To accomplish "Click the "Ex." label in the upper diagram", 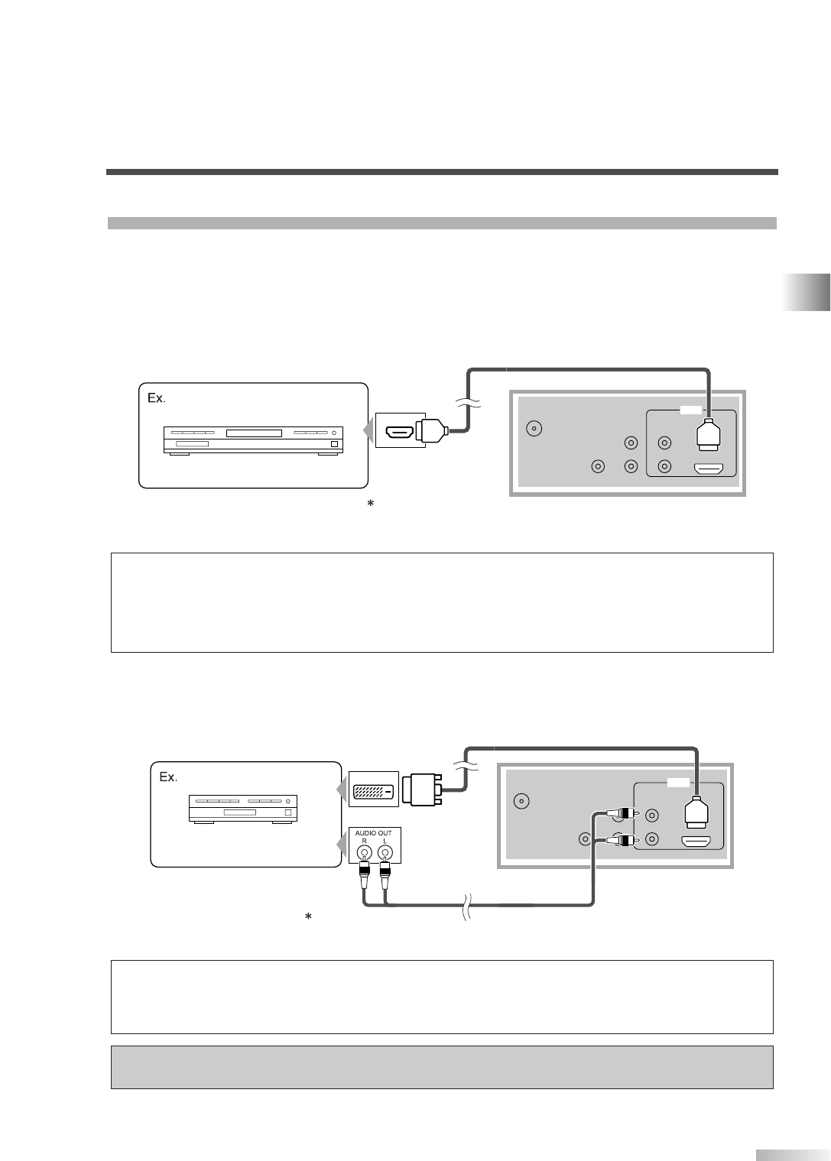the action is click(157, 398).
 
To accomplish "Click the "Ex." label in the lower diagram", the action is click(168, 777).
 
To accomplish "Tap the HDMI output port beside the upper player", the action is click(399, 433).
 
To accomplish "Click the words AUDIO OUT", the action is click(374, 832).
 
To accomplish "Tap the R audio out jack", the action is click(365, 854).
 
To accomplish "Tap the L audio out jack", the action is click(385, 854).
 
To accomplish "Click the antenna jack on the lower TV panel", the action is click(521, 801).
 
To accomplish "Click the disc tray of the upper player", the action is click(254, 433).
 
